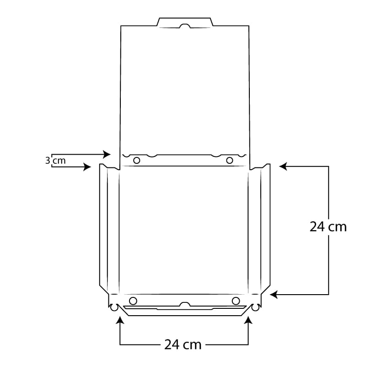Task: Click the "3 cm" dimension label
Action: tap(56, 161)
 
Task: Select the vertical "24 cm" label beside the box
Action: tap(328, 226)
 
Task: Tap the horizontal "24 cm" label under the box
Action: tap(183, 344)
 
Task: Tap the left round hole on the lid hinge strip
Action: tap(136, 160)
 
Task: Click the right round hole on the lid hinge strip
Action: tap(230, 160)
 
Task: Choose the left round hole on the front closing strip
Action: tap(133, 301)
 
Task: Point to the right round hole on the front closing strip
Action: tap(236, 301)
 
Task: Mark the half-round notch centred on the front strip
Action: tap(185, 304)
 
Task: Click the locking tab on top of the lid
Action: tap(185, 22)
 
